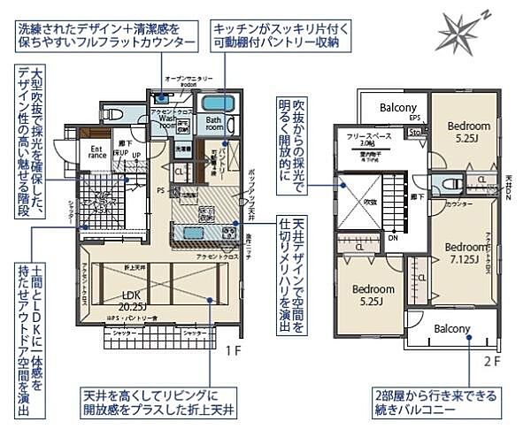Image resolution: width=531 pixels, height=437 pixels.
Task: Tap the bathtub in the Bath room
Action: coord(217,102)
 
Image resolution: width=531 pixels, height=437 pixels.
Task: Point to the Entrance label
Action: coord(98,153)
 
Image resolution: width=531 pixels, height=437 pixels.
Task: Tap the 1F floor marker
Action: coord(233,351)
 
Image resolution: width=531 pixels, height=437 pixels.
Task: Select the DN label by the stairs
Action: coord(393,237)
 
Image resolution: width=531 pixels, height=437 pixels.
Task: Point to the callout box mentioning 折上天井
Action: coord(161,402)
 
